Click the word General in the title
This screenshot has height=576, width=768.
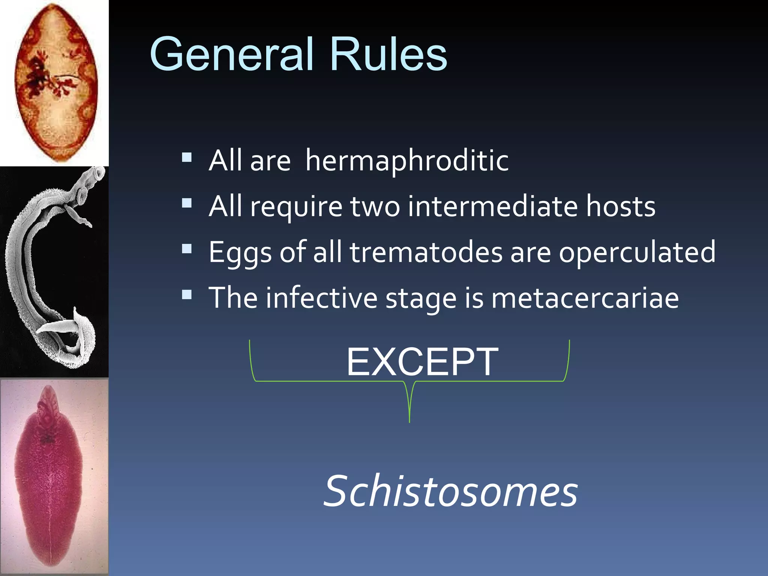point(231,54)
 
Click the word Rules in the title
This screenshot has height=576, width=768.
point(388,54)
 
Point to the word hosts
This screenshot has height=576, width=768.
point(621,207)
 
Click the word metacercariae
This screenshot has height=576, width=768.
point(585,298)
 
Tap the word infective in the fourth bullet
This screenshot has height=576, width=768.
point(321,298)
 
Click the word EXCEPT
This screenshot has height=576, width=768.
point(422,362)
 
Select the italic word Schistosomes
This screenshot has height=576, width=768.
point(450,491)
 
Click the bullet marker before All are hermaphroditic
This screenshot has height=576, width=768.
point(187,157)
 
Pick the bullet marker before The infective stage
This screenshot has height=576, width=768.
point(187,294)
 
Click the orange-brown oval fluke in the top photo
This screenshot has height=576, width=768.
point(56,82)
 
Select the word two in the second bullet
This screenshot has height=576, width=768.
point(375,207)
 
